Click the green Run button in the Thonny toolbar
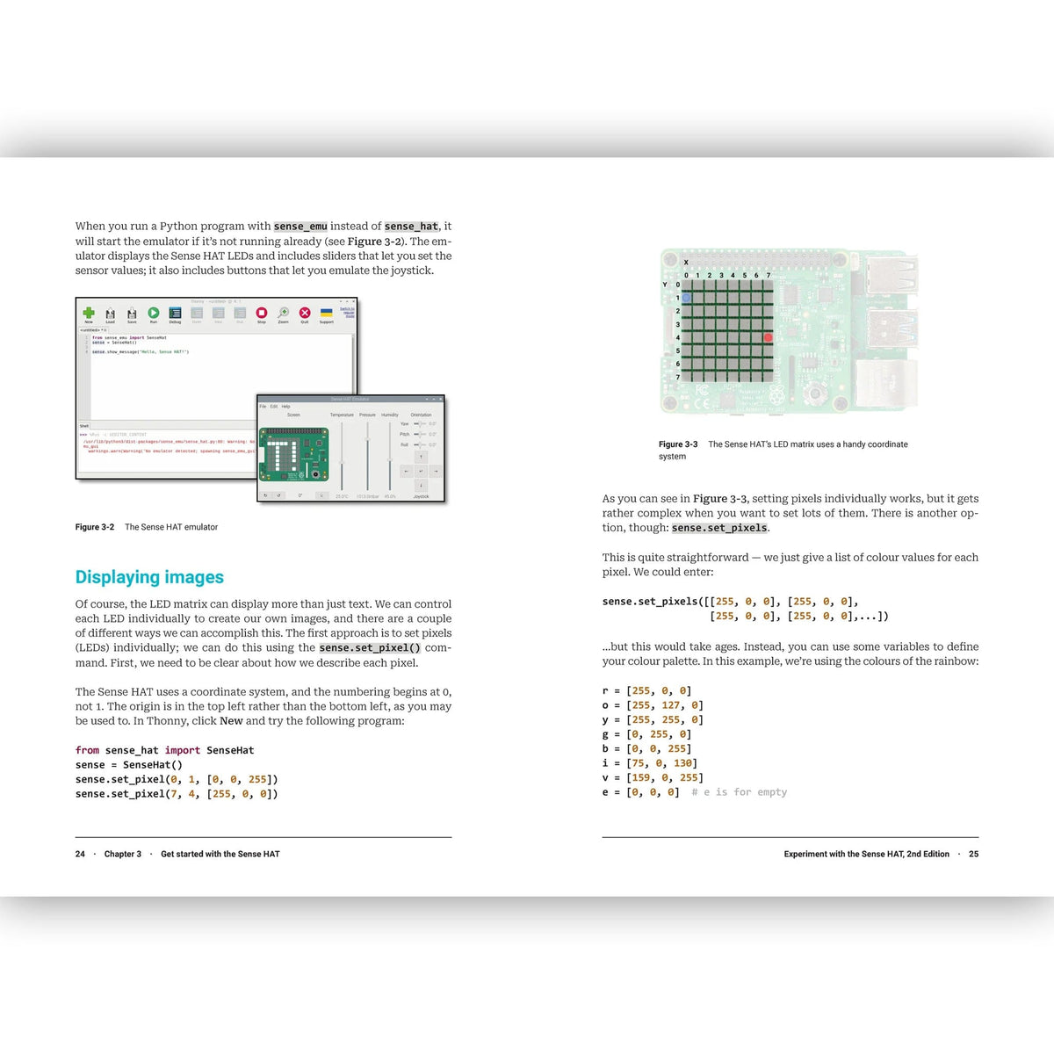click(154, 313)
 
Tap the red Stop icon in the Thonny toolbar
click(262, 313)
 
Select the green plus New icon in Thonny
click(89, 313)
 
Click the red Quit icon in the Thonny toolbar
click(305, 313)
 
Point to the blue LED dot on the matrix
click(686, 298)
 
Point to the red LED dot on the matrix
click(768, 337)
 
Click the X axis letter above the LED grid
click(686, 262)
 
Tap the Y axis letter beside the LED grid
click(665, 285)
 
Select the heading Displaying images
click(149, 577)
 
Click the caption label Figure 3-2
click(95, 527)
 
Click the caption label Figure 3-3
click(678, 444)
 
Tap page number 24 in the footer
click(80, 854)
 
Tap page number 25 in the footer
click(973, 854)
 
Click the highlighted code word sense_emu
click(300, 227)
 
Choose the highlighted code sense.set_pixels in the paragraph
click(719, 528)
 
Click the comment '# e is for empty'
click(739, 792)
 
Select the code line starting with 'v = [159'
click(653, 777)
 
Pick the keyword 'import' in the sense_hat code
click(183, 750)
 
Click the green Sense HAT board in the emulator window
click(293, 455)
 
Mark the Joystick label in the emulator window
click(422, 496)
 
